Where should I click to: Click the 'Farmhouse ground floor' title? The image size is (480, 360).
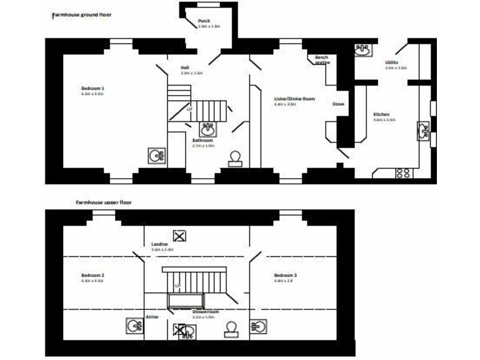pos(81,13)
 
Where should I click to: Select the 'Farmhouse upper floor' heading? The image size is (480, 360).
pos(104,202)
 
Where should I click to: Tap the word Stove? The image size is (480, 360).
pos(338,104)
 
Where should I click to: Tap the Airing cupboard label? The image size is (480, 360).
pos(152,317)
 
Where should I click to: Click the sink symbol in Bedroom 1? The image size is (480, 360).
pos(156,156)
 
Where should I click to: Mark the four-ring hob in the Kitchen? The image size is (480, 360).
pos(403,173)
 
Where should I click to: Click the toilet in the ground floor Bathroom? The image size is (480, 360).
pos(235,157)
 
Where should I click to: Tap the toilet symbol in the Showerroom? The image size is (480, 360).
pos(232,328)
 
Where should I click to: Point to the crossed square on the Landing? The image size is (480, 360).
pos(180,236)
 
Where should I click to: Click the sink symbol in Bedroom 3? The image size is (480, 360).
pos(259,326)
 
